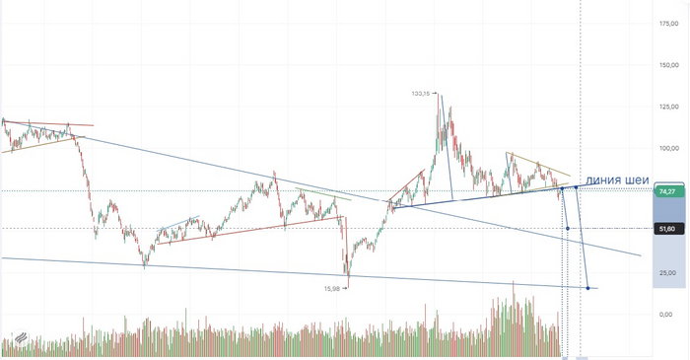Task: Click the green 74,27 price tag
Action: (667, 190)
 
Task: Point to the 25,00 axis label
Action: (669, 272)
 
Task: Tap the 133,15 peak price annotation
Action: (421, 94)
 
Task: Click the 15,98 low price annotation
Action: (333, 288)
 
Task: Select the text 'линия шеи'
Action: (618, 180)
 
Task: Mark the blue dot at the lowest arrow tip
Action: (588, 288)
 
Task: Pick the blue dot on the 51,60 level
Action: (569, 229)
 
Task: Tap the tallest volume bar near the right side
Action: (514, 286)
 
